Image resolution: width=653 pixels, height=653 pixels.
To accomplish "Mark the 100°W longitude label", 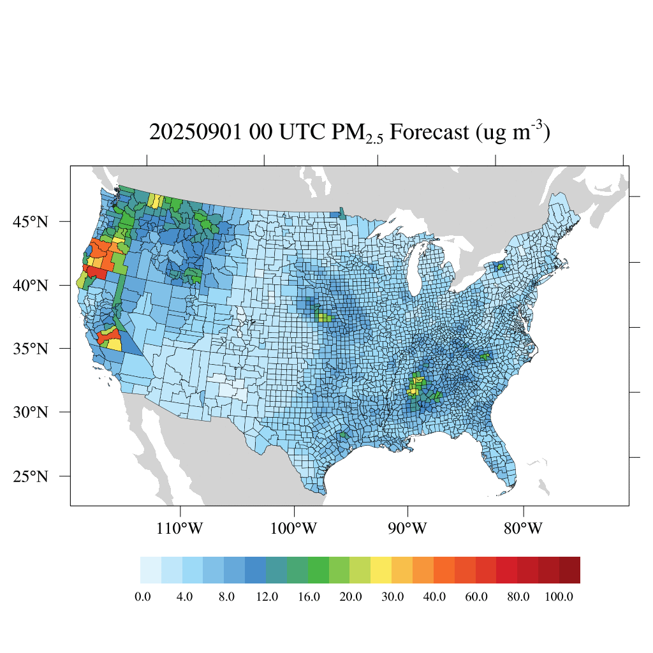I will coord(295,529).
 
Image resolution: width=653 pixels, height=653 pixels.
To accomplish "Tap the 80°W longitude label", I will coord(523,529).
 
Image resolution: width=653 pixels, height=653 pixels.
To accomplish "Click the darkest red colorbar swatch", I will coord(569,570).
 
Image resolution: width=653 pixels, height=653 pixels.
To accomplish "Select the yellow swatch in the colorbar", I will coord(381,570).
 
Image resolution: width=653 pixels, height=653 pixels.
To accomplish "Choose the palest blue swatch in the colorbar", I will coord(150,570).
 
